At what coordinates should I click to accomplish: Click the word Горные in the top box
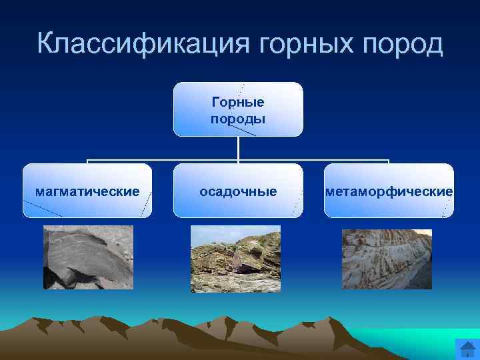tap(238, 102)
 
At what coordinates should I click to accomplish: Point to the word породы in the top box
tap(238, 119)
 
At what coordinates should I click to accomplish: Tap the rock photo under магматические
tap(88, 257)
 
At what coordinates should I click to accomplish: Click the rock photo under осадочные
tap(235, 259)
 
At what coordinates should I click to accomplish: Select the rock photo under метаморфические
tap(387, 259)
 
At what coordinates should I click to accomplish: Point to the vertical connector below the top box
tap(238, 148)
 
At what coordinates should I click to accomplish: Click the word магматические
tap(87, 192)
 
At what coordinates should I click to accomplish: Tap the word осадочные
tap(238, 192)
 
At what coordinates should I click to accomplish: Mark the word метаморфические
tap(389, 192)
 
